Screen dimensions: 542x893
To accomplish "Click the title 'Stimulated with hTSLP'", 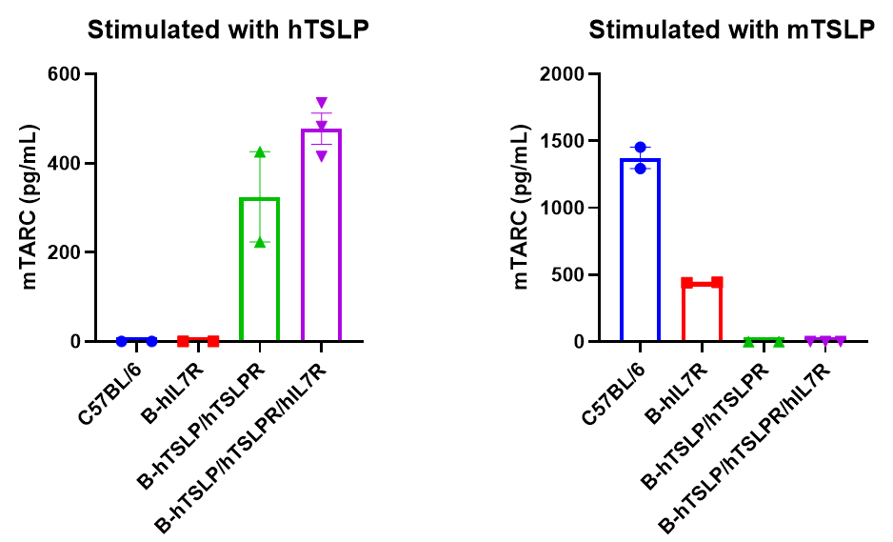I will click(228, 30).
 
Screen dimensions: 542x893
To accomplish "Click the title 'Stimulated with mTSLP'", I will click(731, 30).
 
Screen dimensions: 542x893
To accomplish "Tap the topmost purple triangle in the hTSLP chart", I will click(322, 103).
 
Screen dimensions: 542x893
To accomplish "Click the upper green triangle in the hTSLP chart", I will click(260, 152).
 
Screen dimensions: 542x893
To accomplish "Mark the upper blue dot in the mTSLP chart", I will click(640, 148).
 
